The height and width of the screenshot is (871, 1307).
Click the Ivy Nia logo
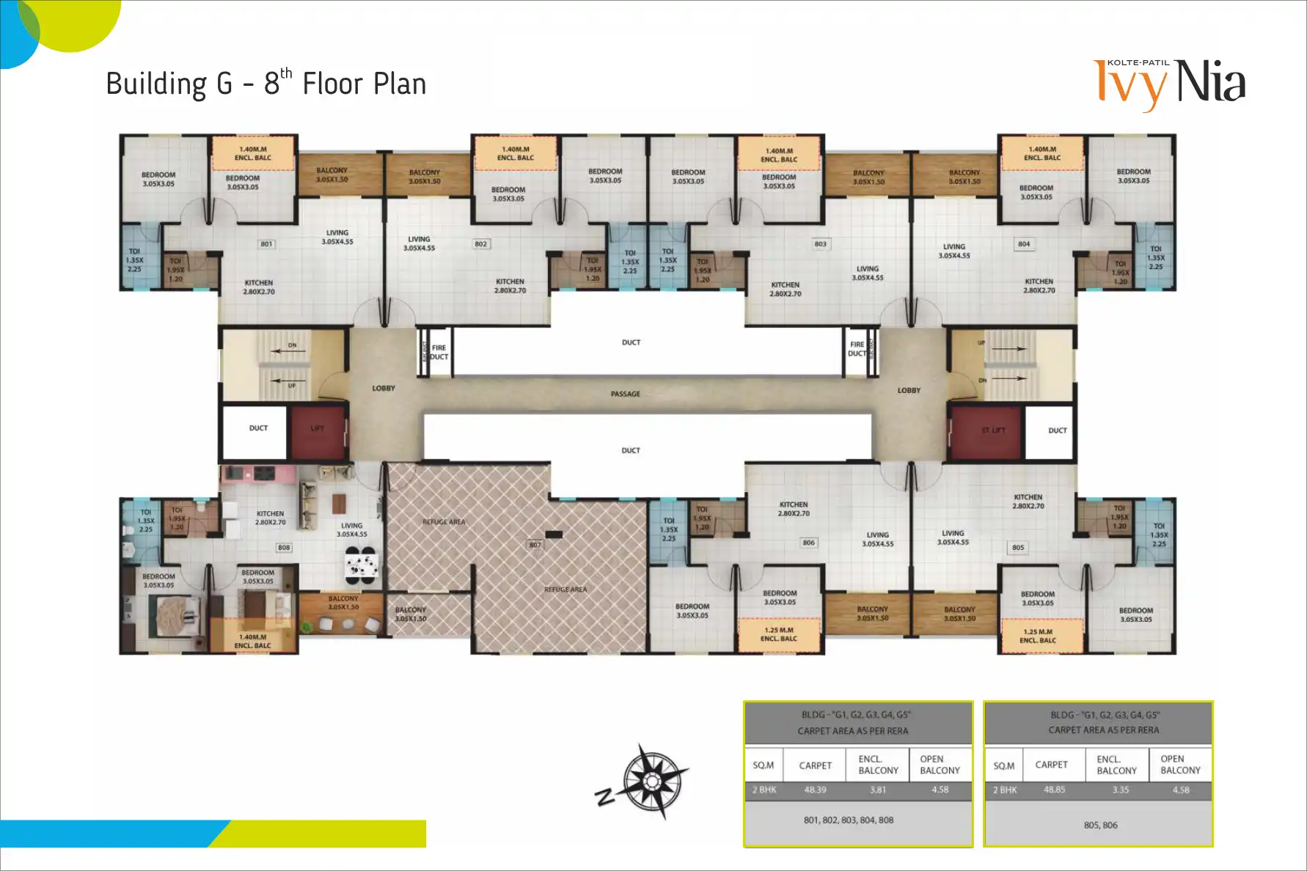pos(1169,83)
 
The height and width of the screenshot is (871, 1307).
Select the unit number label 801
pos(266,244)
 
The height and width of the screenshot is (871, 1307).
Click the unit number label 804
pos(1024,244)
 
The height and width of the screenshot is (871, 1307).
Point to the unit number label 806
pos(808,543)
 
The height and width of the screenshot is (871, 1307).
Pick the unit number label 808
pos(284,548)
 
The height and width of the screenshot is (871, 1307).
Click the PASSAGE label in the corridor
pos(625,394)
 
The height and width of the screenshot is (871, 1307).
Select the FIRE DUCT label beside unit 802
pos(439,353)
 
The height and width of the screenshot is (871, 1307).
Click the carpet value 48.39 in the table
pos(815,790)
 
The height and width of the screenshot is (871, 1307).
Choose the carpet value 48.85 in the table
pos(1054,790)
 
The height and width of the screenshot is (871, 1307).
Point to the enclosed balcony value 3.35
pos(1120,790)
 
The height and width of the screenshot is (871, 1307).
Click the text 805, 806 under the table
pos(1100,826)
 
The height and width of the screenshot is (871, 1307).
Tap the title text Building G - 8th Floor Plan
pos(266,84)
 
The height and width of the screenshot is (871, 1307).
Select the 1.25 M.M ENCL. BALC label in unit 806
pos(779,635)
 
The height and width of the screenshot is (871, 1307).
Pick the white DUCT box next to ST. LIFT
pos(1057,431)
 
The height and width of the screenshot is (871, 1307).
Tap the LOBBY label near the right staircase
pos(909,391)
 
